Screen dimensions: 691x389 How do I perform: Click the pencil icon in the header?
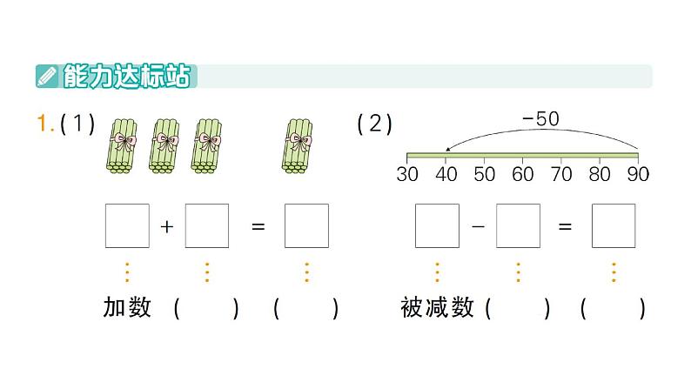[x=48, y=77]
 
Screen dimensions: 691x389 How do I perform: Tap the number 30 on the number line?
[x=407, y=174]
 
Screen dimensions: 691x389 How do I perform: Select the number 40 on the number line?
[x=446, y=174]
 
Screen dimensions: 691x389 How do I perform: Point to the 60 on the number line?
[x=523, y=174]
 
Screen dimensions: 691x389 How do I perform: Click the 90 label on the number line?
[x=638, y=174]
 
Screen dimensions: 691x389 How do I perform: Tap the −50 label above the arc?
[x=540, y=120]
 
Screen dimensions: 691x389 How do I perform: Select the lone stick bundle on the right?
[x=299, y=143]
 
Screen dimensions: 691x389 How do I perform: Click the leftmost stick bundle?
[x=127, y=143]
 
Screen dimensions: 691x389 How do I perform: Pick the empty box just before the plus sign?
[x=127, y=226]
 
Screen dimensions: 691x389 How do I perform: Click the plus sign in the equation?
[x=167, y=226]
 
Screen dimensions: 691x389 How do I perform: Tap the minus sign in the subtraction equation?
[x=477, y=226]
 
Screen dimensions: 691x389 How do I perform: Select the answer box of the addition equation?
[x=306, y=226]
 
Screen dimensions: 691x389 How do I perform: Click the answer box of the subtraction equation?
[x=614, y=226]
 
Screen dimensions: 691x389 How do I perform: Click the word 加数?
[x=127, y=307]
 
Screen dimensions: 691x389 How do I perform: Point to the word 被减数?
[x=437, y=307]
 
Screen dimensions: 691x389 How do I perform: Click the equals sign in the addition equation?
[x=258, y=226]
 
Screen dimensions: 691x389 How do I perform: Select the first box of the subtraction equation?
[x=437, y=226]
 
